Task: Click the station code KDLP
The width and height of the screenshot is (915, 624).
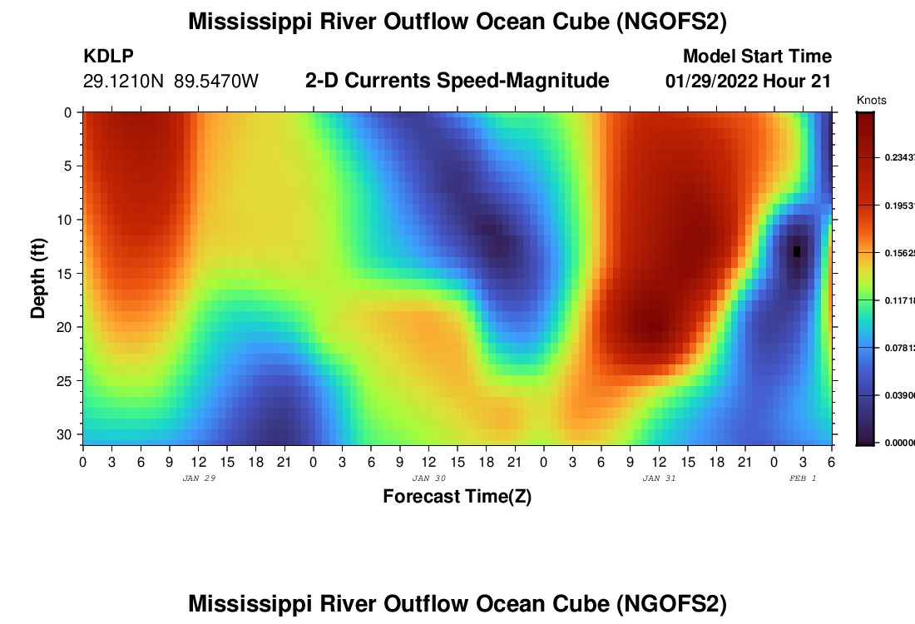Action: (x=109, y=57)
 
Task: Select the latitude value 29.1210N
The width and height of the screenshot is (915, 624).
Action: (x=124, y=82)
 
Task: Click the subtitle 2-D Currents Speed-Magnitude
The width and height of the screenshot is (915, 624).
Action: (x=457, y=81)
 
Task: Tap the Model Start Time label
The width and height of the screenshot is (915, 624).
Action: (x=757, y=57)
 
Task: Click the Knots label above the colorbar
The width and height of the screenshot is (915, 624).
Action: (x=871, y=101)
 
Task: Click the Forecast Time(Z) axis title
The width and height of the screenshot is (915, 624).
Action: (x=457, y=497)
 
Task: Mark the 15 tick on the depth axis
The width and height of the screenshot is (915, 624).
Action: (x=66, y=273)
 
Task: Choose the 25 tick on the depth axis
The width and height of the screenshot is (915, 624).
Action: (x=66, y=381)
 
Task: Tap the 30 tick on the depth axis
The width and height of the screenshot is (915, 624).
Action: (x=66, y=434)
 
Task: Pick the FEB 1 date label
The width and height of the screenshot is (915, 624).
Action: (x=803, y=478)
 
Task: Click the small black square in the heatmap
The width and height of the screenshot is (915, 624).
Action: (x=797, y=251)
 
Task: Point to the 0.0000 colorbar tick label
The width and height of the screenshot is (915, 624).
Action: (x=898, y=443)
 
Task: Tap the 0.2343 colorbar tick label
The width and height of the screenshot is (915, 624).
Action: (x=898, y=158)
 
